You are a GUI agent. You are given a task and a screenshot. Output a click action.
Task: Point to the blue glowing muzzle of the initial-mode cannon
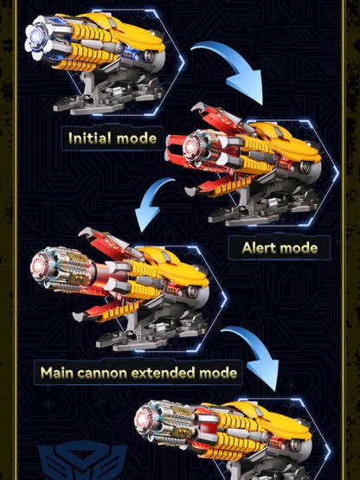pos(35,37)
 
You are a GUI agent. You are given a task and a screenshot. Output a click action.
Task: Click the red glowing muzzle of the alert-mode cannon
pos(191,144)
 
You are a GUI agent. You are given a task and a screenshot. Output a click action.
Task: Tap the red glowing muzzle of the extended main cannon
pos(39,266)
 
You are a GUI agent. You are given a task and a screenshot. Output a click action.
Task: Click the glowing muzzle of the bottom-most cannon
pos(142,419)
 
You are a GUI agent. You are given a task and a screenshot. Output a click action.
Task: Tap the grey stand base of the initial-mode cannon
pos(107,98)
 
